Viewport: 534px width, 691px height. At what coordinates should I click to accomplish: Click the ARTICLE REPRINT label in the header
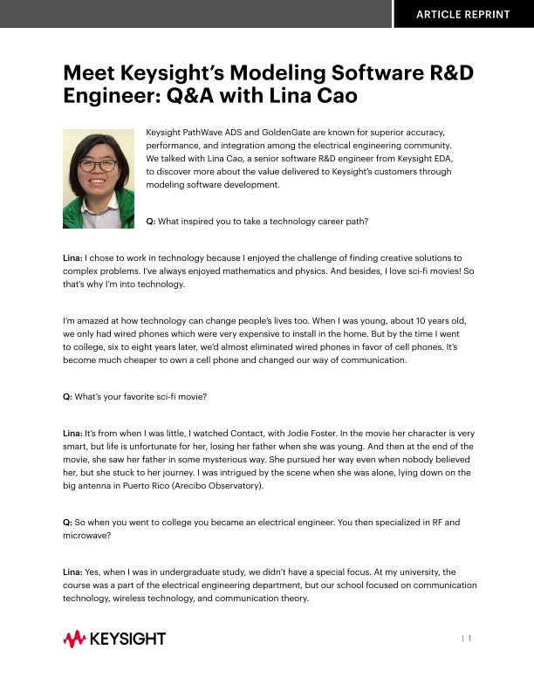pyautogui.click(x=462, y=14)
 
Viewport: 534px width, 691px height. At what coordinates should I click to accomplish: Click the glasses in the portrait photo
pyautogui.click(x=97, y=164)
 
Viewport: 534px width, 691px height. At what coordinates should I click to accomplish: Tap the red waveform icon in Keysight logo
pyautogui.click(x=73, y=640)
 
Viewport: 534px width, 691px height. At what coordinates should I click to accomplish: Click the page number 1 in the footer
pyautogui.click(x=469, y=640)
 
